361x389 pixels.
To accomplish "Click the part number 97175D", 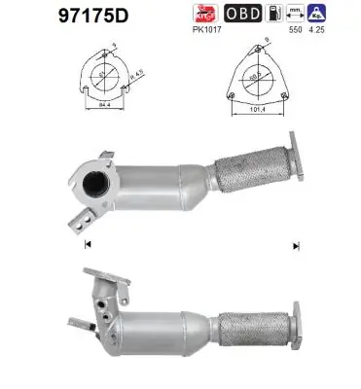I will [x=55, y=17].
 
